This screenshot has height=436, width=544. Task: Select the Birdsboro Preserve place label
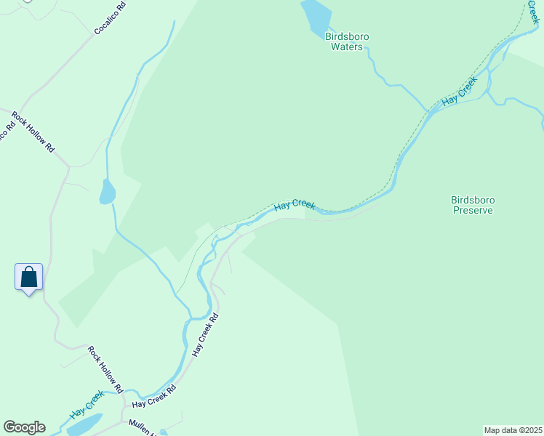pyautogui.click(x=473, y=205)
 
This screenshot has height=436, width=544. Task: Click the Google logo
pyautogui.click(x=24, y=427)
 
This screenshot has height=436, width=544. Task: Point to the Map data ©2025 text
pyautogui.click(x=512, y=430)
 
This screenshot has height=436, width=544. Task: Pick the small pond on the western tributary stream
pyautogui.click(x=107, y=192)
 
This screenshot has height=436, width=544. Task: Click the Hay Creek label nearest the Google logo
pyautogui.click(x=87, y=405)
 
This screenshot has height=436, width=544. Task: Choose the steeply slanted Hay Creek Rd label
pyautogui.click(x=205, y=334)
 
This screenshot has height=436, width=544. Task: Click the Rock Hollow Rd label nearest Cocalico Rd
pyautogui.click(x=33, y=132)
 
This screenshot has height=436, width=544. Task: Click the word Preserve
pyautogui.click(x=473, y=211)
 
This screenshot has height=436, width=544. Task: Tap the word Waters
pyautogui.click(x=346, y=47)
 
